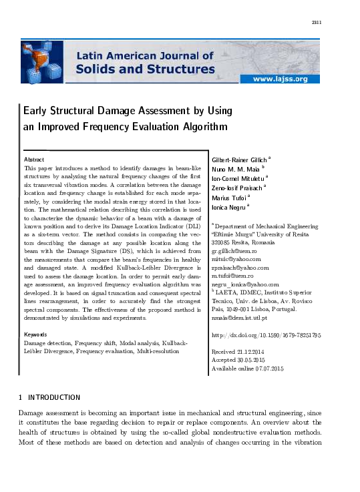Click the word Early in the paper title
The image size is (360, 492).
click(37, 110)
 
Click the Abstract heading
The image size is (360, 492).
click(34, 160)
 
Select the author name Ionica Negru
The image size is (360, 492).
click(228, 207)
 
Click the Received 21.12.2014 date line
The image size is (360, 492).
click(238, 351)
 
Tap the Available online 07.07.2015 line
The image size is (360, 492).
click(247, 368)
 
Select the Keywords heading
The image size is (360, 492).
click(35, 334)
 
